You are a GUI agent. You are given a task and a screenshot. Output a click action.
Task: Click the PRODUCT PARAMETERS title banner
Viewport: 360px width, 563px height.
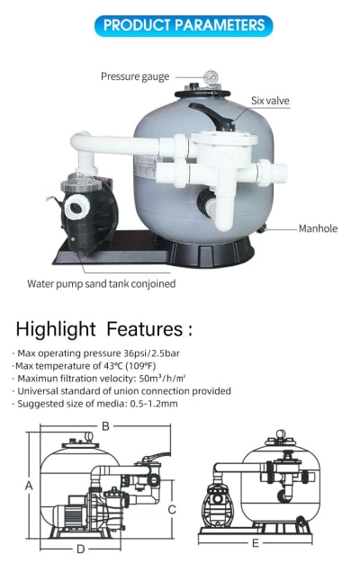click(x=184, y=25)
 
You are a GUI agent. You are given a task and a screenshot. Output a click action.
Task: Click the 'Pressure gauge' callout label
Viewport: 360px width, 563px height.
click(x=135, y=76)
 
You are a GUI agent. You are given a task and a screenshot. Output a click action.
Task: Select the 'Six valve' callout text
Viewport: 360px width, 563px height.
click(x=270, y=101)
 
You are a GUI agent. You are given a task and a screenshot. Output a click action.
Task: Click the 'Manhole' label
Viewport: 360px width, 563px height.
click(x=318, y=228)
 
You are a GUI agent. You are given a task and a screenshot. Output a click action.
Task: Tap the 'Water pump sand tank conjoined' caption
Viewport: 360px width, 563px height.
click(x=102, y=283)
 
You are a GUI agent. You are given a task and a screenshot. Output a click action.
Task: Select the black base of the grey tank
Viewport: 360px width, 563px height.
click(x=204, y=253)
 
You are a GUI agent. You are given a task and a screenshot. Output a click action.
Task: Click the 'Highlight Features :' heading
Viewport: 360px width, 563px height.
click(x=103, y=329)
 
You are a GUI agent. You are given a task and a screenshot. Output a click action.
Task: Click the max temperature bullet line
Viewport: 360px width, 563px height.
click(x=85, y=366)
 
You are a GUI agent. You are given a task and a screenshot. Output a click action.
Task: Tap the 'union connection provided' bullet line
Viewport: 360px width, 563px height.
click(x=124, y=391)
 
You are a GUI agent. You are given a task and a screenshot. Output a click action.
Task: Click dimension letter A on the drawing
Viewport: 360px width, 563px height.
click(x=29, y=486)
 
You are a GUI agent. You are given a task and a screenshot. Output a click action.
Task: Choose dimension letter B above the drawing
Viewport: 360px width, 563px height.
click(x=105, y=426)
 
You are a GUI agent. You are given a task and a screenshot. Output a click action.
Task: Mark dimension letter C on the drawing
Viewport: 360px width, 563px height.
click(x=172, y=510)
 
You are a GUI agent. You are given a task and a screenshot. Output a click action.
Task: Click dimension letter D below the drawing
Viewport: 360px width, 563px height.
click(x=80, y=549)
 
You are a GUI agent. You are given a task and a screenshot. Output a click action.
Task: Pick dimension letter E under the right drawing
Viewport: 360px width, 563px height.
click(x=256, y=543)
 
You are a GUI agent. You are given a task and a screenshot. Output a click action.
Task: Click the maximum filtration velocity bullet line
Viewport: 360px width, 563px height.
click(x=101, y=379)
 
